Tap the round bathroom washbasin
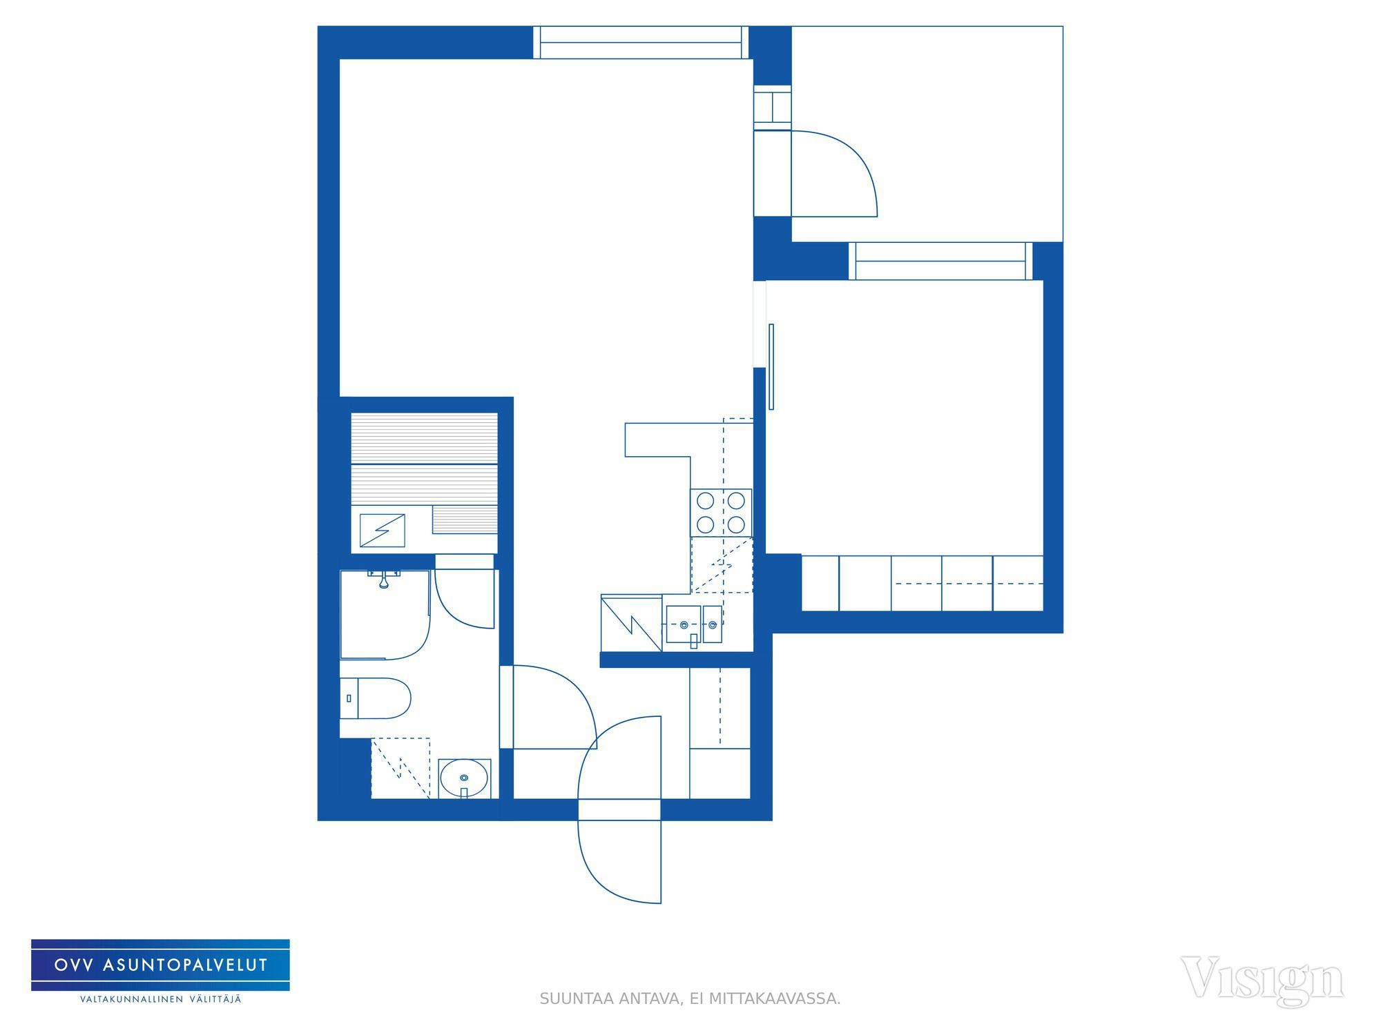pos(464,778)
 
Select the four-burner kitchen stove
pos(721,513)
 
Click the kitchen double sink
pos(693,624)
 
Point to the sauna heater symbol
pos(382,530)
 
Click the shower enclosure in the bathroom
pos(385,614)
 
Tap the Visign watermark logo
pos(1262,980)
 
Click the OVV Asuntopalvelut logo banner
pos(160,965)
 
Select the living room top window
pos(641,42)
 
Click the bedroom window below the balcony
pos(940,261)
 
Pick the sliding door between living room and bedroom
pos(771,366)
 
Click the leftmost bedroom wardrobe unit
pos(820,583)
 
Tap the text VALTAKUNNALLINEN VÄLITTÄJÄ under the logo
pos(161,1000)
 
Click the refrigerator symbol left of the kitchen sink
pos(631,623)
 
